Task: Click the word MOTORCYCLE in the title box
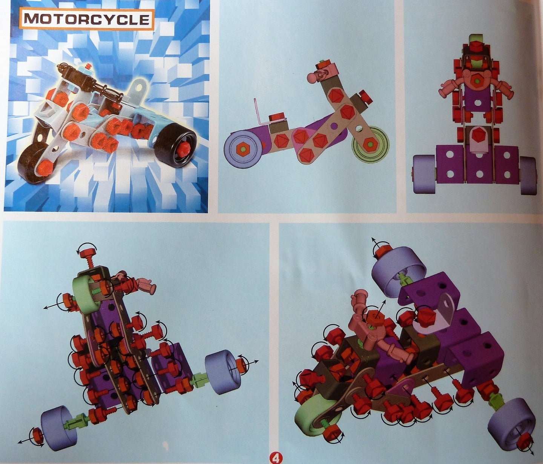(87, 19)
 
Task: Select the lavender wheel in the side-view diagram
(243, 149)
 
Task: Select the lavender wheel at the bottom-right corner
(511, 421)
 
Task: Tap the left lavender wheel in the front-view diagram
(424, 174)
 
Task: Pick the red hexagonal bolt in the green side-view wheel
(370, 144)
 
